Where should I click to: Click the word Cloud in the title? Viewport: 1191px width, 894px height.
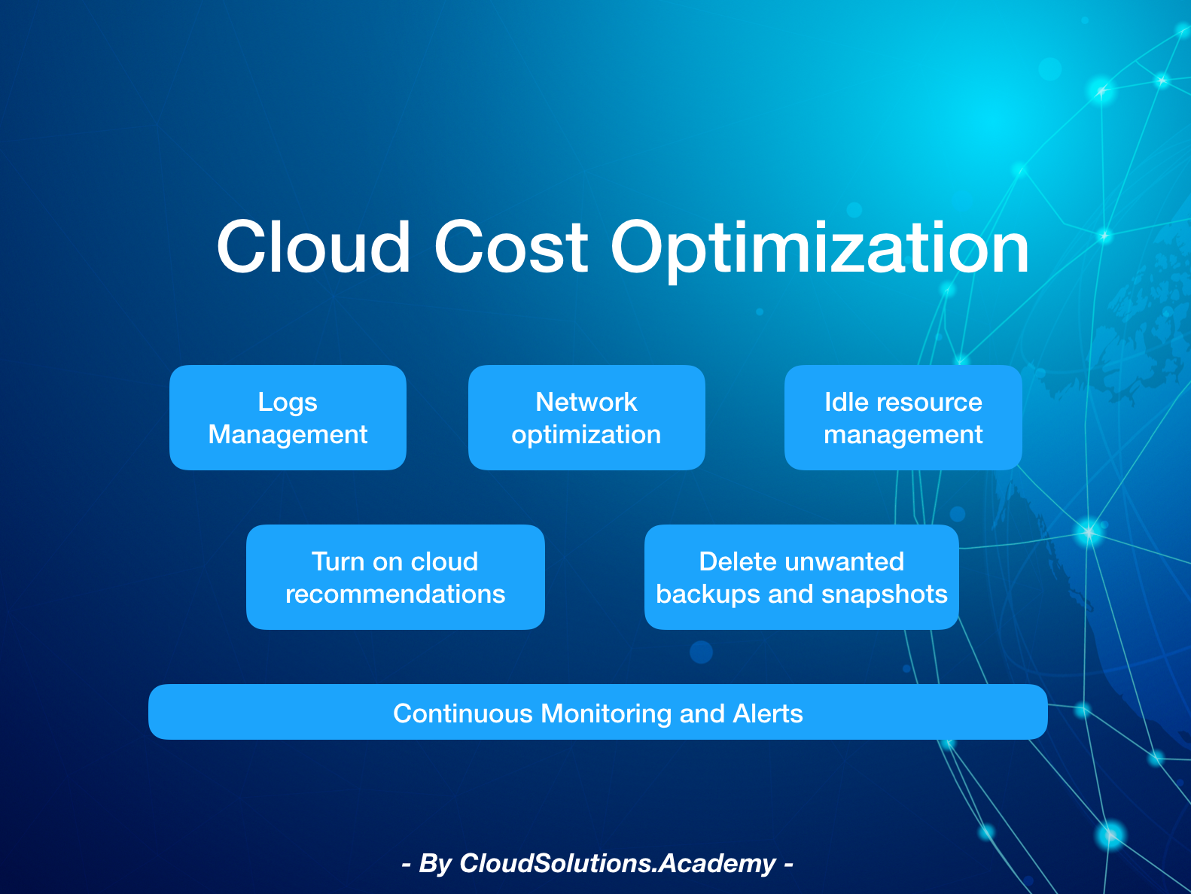(314, 247)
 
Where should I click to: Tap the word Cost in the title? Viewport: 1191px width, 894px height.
(511, 248)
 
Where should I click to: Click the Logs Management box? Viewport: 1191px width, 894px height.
(288, 418)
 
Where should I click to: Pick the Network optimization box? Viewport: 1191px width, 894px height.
(586, 418)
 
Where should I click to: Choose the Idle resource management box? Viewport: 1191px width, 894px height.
(903, 418)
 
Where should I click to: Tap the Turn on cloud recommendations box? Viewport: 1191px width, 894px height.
(395, 577)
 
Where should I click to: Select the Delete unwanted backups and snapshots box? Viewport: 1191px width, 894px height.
(802, 577)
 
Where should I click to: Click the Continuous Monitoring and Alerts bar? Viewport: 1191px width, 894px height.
(598, 712)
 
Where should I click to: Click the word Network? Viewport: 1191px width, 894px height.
(586, 402)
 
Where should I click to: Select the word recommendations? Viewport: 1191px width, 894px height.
(395, 594)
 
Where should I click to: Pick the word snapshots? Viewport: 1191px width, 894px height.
(885, 594)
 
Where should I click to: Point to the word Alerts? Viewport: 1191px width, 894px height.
(768, 713)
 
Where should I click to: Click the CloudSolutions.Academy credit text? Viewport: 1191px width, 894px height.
(618, 863)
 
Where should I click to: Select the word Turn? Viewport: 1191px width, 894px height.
(337, 561)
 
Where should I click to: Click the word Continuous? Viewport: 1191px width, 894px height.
(464, 713)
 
